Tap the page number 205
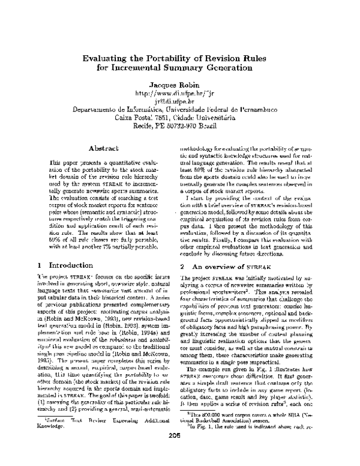coord(180,453)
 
